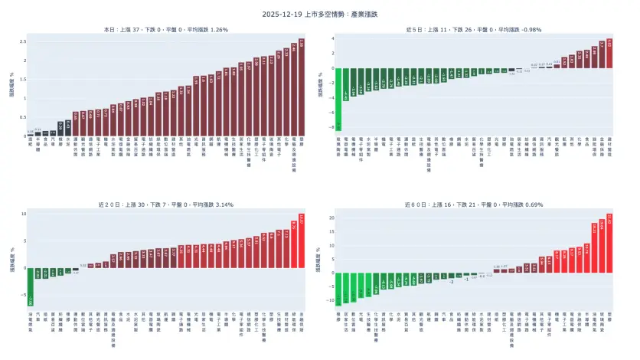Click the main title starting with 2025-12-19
(320, 14)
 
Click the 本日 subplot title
(166, 29)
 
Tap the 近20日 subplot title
(166, 205)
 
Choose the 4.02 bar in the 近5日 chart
(609, 54)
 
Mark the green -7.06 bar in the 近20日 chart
(31, 286)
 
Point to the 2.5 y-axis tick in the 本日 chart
(23, 41)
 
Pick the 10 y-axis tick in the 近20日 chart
(23, 214)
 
